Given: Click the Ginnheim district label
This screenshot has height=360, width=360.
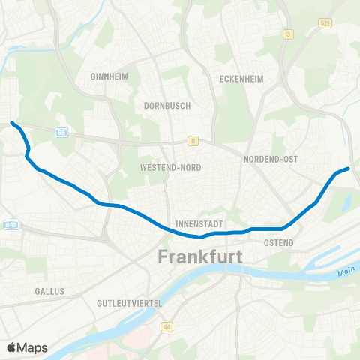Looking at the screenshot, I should pyautogui.click(x=106, y=76).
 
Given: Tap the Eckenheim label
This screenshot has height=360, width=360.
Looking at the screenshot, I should pyautogui.click(x=238, y=78).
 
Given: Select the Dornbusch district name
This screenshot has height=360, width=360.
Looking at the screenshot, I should pyautogui.click(x=167, y=106).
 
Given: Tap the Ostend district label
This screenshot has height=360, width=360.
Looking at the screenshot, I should pyautogui.click(x=280, y=243).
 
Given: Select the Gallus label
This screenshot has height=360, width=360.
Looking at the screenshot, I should pyautogui.click(x=49, y=290).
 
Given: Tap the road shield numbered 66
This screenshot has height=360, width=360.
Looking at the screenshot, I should pyautogui.click(x=61, y=132).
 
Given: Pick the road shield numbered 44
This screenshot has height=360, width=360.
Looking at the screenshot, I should pyautogui.click(x=166, y=327).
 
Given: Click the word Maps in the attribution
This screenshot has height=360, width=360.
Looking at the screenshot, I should pyautogui.click(x=34, y=347).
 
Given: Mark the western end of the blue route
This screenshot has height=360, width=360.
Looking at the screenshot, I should pyautogui.click(x=12, y=122).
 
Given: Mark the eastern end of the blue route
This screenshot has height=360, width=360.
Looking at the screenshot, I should pyautogui.click(x=349, y=169).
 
